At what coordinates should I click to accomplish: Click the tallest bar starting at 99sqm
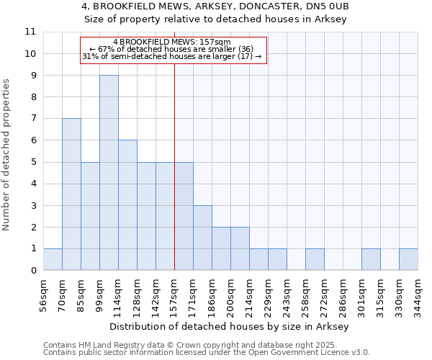[x=109, y=173]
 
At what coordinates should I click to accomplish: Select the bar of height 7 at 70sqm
[x=71, y=194]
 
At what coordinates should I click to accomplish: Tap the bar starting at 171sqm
[x=202, y=238]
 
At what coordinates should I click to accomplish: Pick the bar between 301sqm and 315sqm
[x=371, y=259]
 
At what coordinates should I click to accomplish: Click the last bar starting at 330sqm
[x=408, y=259]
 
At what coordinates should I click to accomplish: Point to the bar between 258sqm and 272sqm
[x=315, y=259]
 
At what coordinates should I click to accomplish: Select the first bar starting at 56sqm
[x=53, y=259]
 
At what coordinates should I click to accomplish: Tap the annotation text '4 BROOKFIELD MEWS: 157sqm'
[x=171, y=42]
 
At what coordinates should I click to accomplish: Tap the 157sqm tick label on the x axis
[x=175, y=292]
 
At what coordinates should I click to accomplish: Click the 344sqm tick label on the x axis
[x=418, y=292]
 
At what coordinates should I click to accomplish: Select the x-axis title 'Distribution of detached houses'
[x=230, y=326]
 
